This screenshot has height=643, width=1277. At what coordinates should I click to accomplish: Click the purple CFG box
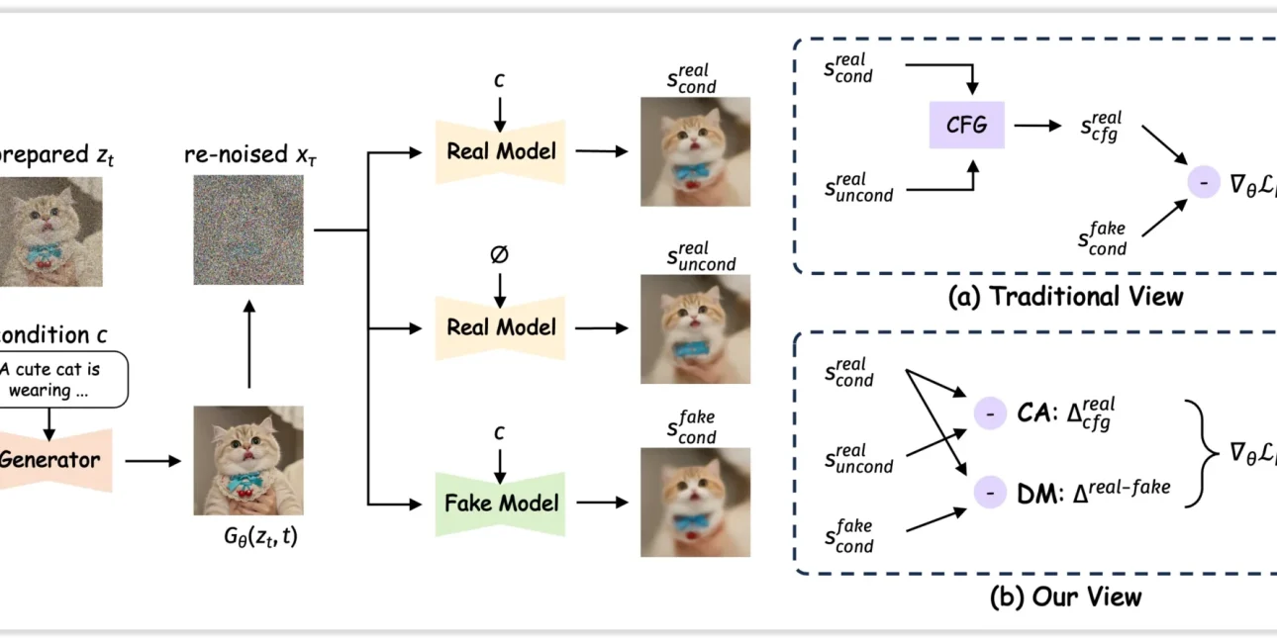965,126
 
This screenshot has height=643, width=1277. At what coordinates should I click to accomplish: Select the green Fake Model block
500,504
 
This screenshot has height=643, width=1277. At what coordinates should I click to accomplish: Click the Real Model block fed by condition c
500,151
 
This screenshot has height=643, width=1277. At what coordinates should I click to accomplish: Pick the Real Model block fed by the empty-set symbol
500,326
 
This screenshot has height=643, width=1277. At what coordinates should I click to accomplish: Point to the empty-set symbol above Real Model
499,255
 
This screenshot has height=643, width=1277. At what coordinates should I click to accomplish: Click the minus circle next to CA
989,413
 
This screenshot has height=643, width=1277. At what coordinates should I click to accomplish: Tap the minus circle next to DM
989,492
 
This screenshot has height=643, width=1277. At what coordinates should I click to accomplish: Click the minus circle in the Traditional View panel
1203,182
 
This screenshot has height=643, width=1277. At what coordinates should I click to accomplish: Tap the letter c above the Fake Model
500,432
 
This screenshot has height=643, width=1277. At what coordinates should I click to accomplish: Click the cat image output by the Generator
247,461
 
